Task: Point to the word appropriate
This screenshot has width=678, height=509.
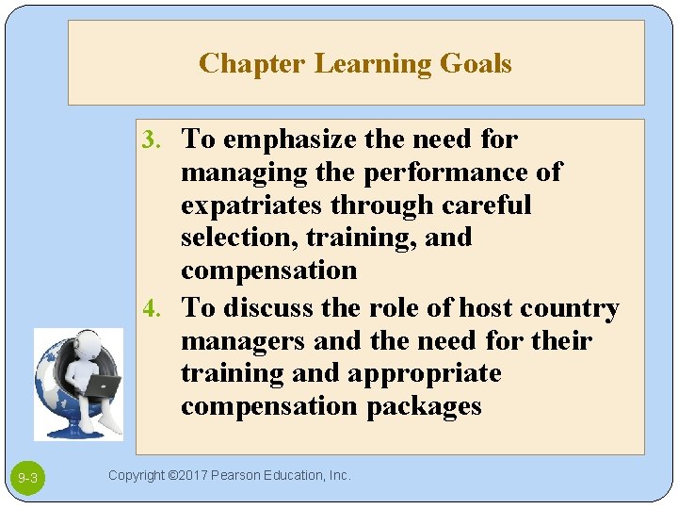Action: point(425,373)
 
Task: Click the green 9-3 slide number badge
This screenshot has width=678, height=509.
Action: point(28,479)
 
